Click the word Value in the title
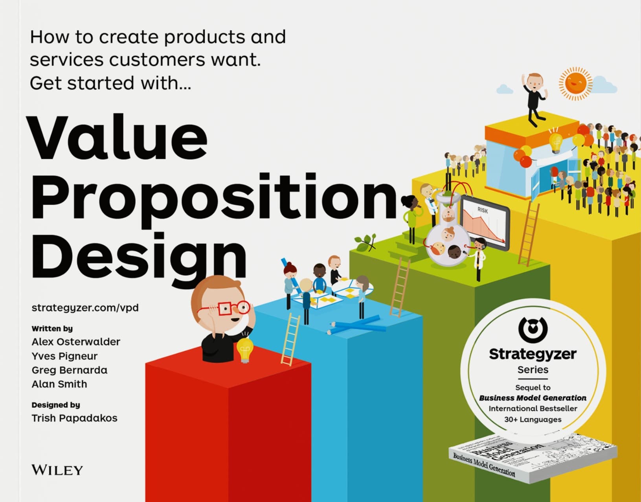click(x=118, y=138)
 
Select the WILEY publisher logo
click(x=57, y=470)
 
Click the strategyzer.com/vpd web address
click(x=85, y=307)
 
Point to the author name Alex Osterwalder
click(x=76, y=342)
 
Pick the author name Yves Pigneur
click(x=64, y=356)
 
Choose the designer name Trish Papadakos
click(x=74, y=418)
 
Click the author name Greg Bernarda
click(x=69, y=370)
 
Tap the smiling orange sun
click(x=575, y=83)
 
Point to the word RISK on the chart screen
click(x=483, y=210)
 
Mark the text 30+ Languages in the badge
click(x=533, y=419)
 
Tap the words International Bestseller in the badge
click(x=533, y=408)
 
